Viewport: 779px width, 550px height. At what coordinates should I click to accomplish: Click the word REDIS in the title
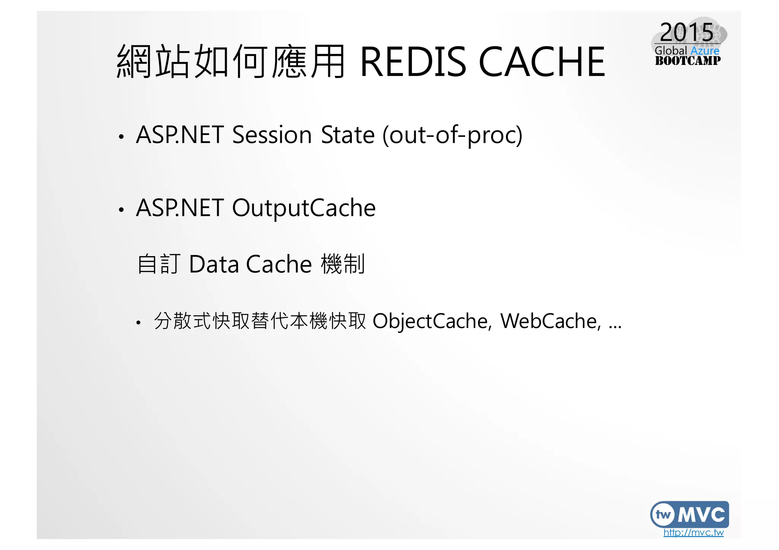pyautogui.click(x=412, y=62)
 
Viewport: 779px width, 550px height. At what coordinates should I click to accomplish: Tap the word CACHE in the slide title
pyautogui.click(x=542, y=62)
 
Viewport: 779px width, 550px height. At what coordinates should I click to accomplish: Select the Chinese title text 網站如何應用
pyautogui.click(x=231, y=62)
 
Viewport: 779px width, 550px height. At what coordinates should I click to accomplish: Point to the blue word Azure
pyautogui.click(x=705, y=51)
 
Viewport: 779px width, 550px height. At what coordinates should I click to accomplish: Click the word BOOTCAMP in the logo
pyautogui.click(x=687, y=61)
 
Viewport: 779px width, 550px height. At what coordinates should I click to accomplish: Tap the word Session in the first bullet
pyautogui.click(x=272, y=135)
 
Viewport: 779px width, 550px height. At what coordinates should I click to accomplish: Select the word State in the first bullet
pyautogui.click(x=348, y=135)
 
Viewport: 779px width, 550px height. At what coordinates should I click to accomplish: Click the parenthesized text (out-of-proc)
pyautogui.click(x=452, y=135)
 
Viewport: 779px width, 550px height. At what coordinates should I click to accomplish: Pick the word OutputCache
pyautogui.click(x=304, y=208)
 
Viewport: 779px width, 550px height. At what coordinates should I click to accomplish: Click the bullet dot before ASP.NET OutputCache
pyautogui.click(x=121, y=210)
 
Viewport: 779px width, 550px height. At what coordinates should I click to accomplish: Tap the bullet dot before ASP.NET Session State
pyautogui.click(x=121, y=137)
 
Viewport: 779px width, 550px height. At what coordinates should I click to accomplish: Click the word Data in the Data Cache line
pyautogui.click(x=214, y=264)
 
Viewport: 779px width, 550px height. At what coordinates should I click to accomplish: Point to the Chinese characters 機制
pyautogui.click(x=343, y=264)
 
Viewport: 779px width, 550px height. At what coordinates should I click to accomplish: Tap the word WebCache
pyautogui.click(x=550, y=322)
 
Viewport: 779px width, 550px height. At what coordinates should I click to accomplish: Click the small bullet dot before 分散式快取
pyautogui.click(x=138, y=323)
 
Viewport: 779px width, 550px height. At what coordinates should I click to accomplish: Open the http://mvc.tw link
pyautogui.click(x=693, y=533)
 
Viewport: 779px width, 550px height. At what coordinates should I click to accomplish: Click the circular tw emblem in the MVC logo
pyautogui.click(x=663, y=515)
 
